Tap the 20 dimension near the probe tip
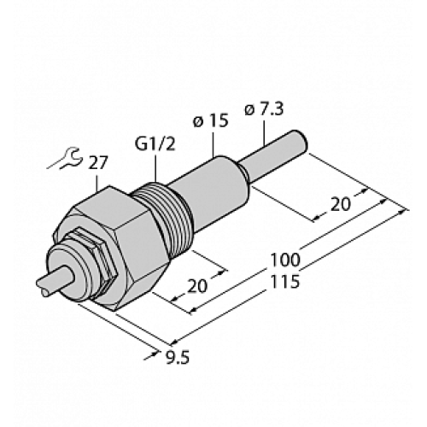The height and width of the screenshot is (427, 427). (338, 204)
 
